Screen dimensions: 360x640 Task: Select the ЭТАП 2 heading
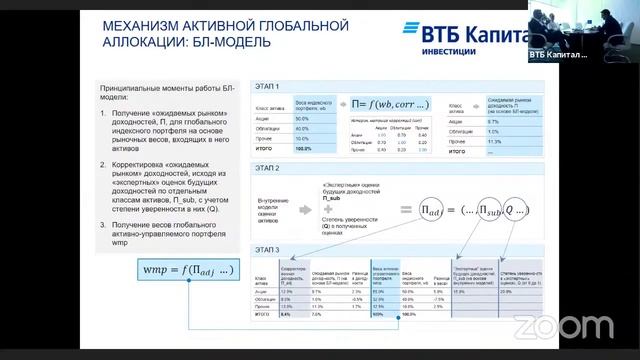point(267,169)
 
